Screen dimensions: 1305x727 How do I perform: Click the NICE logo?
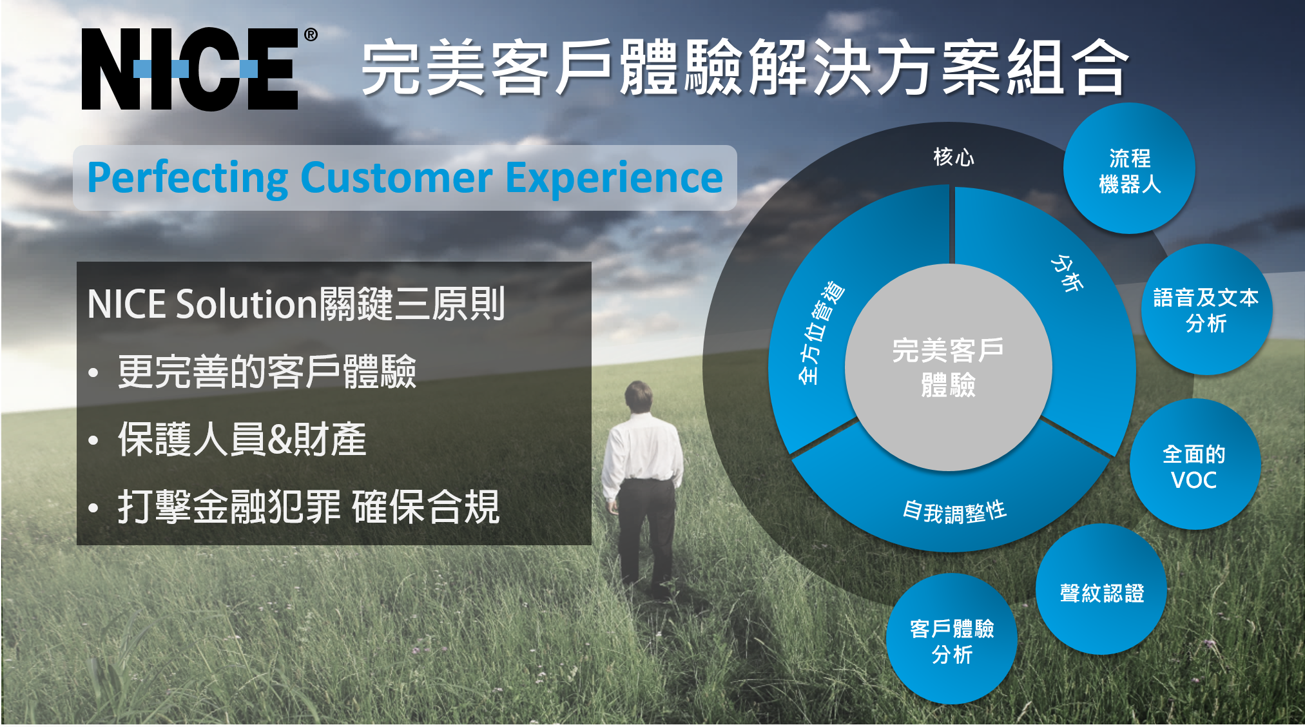tap(190, 69)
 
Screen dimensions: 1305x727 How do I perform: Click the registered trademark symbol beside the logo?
tap(311, 35)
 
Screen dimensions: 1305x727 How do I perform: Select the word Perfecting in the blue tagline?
tap(188, 179)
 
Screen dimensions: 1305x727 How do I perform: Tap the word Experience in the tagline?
tap(614, 179)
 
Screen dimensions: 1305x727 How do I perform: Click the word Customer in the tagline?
tap(397, 178)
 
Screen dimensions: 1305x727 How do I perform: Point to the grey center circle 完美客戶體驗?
tap(949, 367)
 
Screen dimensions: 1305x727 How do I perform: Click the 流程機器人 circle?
tap(1129, 168)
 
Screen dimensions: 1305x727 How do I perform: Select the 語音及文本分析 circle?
tap(1206, 309)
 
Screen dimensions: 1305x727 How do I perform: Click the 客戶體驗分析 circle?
tap(952, 639)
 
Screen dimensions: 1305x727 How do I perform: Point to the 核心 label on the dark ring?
tap(954, 157)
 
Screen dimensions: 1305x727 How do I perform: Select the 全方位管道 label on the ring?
tap(820, 333)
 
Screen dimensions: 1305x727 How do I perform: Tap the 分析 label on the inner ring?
tap(1067, 273)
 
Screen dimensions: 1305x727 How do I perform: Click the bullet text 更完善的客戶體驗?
tap(267, 372)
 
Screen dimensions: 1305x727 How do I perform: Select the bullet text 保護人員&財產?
tap(242, 440)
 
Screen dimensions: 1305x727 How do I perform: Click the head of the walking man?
tap(639, 394)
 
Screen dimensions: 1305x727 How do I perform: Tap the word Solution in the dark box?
tap(247, 304)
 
